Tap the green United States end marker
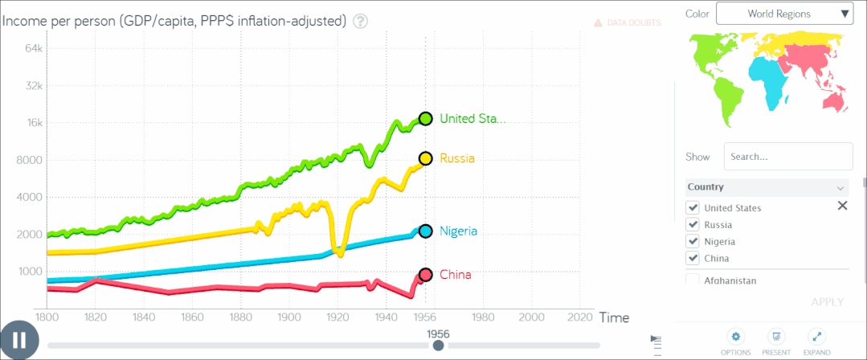pyautogui.click(x=426, y=119)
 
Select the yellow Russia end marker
pyautogui.click(x=426, y=158)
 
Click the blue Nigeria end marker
pyautogui.click(x=426, y=231)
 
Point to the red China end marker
pyautogui.click(x=426, y=275)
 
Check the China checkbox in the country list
pyautogui.click(x=693, y=258)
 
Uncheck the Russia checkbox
pyautogui.click(x=693, y=224)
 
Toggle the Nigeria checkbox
pyautogui.click(x=693, y=241)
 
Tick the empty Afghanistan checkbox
pyautogui.click(x=693, y=280)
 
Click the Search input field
pyautogui.click(x=787, y=157)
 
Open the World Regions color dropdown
pyautogui.click(x=784, y=13)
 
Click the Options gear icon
pyautogui.click(x=735, y=337)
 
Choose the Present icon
pyautogui.click(x=776, y=337)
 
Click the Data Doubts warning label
pyautogui.click(x=628, y=23)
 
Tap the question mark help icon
pyautogui.click(x=360, y=21)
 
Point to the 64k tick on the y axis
pyautogui.click(x=32, y=48)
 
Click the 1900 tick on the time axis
pyautogui.click(x=289, y=317)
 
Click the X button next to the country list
pyautogui.click(x=842, y=206)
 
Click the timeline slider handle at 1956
pyautogui.click(x=438, y=346)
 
